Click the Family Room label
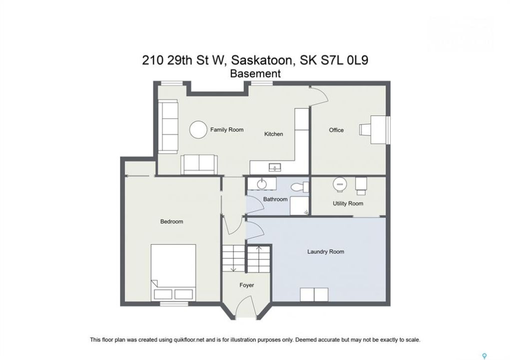point(227,129)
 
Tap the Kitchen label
point(274,134)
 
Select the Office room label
point(336,130)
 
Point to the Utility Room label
point(348,203)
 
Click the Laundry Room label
point(326,251)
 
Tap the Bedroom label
point(171,221)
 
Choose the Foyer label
point(247,285)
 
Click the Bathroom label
point(275,199)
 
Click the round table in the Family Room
point(198,129)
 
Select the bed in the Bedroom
point(173,272)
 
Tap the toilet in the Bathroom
point(300,187)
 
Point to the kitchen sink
point(275,167)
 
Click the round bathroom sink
point(261,184)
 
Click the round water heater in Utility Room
point(340,184)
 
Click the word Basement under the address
point(255,73)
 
